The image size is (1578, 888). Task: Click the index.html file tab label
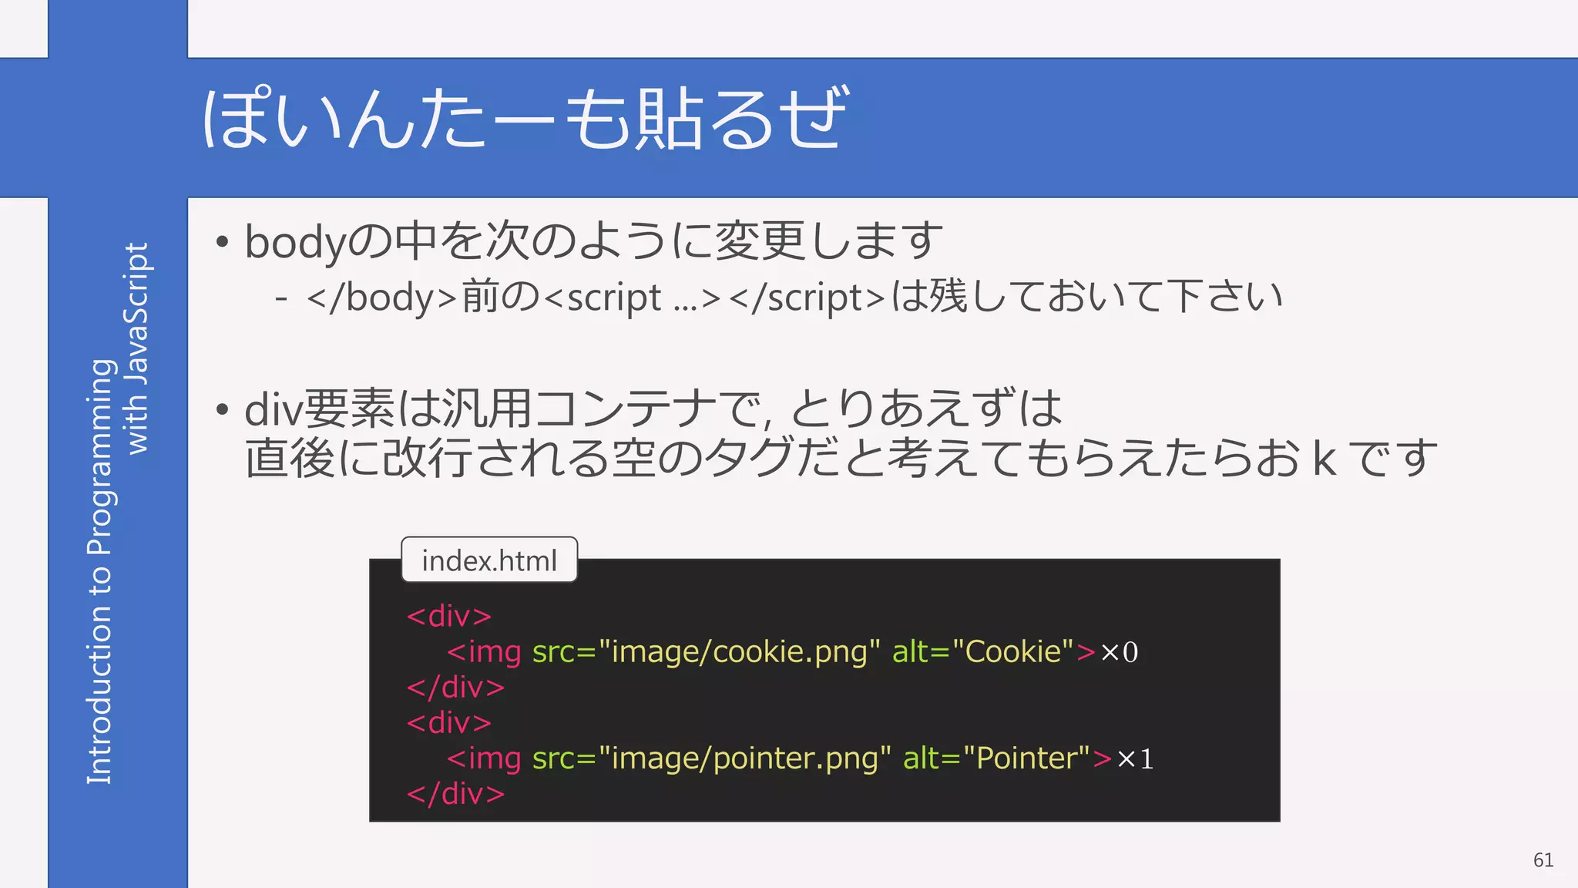[x=489, y=560]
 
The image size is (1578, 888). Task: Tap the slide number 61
[x=1543, y=859]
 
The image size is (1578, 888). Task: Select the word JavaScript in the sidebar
[x=137, y=316]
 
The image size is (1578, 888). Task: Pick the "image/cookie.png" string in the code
[x=739, y=652]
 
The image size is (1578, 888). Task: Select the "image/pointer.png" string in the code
[x=744, y=758]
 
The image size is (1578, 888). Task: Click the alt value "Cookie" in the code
[x=1012, y=652]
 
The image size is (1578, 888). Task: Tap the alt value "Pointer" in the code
[x=1027, y=758]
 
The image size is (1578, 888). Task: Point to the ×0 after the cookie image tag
[x=1119, y=652]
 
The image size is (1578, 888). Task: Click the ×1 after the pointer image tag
[x=1135, y=758]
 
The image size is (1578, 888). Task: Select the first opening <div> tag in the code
[x=449, y=616]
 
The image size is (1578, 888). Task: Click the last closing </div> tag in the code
[x=455, y=793]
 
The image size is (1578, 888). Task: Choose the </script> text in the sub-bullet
[x=807, y=298]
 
